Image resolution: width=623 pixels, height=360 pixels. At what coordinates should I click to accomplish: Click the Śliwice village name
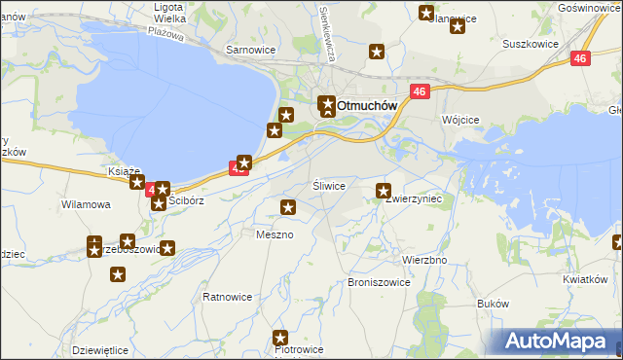(x=328, y=185)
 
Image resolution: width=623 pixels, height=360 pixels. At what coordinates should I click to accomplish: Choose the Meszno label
(x=275, y=234)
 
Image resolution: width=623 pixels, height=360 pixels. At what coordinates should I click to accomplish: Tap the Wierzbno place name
(x=424, y=261)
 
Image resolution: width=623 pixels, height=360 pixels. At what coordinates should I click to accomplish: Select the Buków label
(x=494, y=304)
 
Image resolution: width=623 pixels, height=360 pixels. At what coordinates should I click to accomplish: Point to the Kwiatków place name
(x=584, y=279)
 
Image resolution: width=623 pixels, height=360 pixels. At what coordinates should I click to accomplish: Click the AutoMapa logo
(x=557, y=341)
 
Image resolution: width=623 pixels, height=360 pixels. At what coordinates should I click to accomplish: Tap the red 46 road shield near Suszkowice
(x=580, y=59)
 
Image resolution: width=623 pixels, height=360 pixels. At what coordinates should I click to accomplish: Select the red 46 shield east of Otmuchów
(x=420, y=91)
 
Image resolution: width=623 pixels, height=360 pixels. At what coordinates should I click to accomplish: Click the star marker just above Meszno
(x=289, y=206)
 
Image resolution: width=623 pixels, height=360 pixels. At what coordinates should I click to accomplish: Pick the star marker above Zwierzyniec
(x=384, y=191)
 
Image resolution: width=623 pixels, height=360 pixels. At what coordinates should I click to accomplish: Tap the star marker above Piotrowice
(x=281, y=338)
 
